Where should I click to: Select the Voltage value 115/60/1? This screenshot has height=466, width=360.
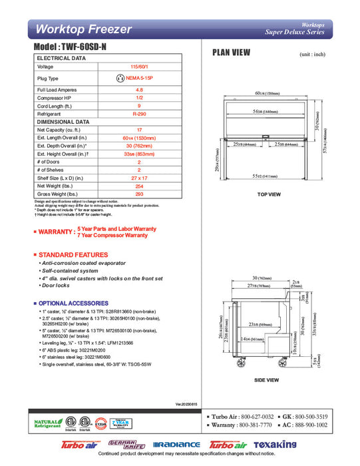point(139,67)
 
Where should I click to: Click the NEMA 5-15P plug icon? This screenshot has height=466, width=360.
point(120,78)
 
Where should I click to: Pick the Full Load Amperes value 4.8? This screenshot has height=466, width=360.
point(139,89)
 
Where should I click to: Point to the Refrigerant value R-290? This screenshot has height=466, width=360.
point(139,114)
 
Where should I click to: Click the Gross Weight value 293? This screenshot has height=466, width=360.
point(139,194)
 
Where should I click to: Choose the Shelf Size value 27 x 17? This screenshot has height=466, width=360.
point(139,178)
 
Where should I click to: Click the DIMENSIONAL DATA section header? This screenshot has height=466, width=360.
point(63,122)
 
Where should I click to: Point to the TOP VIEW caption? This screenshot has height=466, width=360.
point(269,194)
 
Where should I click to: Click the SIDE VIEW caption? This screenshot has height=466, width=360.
point(267,379)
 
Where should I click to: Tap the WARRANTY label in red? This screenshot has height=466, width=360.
point(56,232)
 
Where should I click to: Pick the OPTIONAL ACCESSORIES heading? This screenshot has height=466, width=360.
point(71,303)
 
